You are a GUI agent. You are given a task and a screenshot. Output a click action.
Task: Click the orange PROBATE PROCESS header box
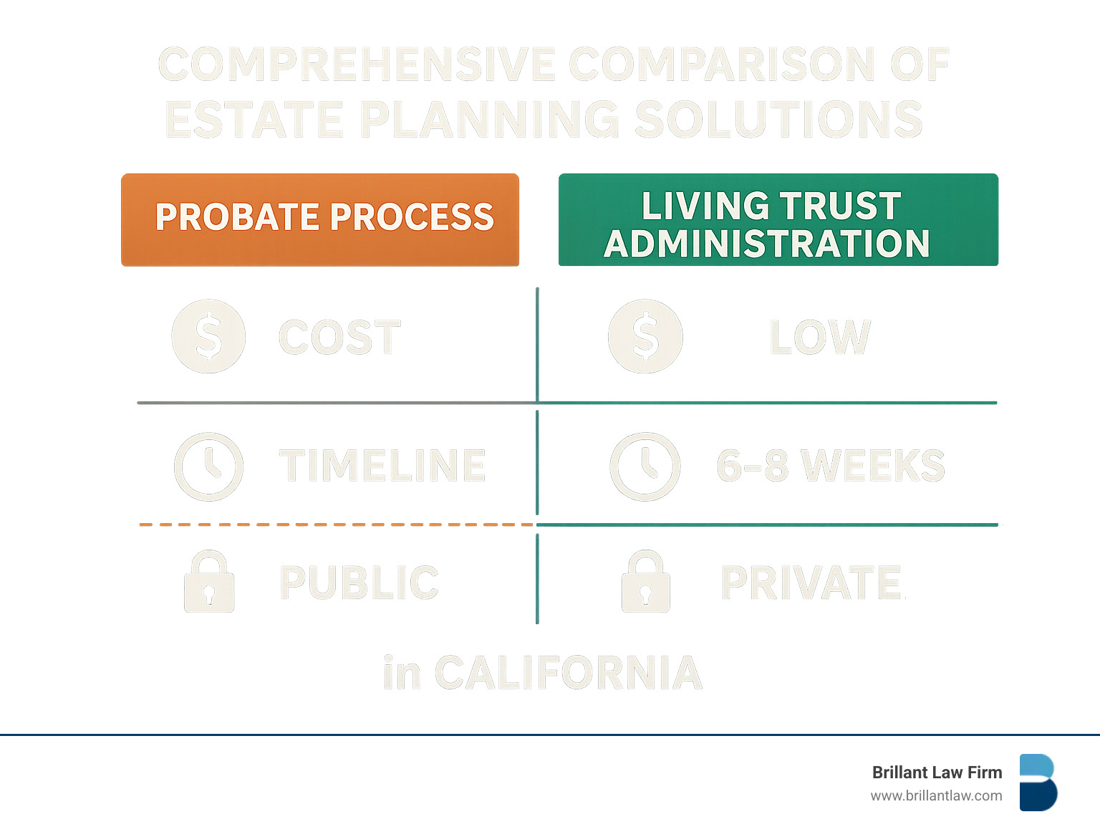(320, 219)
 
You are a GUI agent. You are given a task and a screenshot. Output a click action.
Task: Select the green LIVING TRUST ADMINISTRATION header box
(778, 220)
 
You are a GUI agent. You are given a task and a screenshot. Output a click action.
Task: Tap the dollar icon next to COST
(208, 336)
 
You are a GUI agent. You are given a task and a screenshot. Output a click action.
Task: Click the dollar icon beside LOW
(645, 336)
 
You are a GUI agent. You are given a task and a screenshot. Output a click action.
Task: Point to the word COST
(339, 338)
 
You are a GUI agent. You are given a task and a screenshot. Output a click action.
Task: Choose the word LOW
(820, 338)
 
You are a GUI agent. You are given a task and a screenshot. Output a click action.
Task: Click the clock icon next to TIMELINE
(208, 467)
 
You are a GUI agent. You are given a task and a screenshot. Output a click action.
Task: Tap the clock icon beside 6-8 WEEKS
(645, 467)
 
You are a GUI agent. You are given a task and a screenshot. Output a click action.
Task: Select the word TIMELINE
(382, 466)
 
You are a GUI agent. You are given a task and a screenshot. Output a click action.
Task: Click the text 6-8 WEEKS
(831, 466)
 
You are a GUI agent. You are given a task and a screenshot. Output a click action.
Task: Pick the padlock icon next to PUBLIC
(209, 582)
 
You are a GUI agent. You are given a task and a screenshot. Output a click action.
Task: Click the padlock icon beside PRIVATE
(645, 582)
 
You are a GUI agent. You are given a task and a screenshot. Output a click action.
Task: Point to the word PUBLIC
(359, 583)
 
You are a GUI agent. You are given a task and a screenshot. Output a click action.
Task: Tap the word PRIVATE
(811, 583)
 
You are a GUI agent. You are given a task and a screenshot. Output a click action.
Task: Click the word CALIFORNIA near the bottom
(568, 673)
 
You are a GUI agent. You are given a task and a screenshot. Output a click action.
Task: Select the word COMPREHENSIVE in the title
(357, 64)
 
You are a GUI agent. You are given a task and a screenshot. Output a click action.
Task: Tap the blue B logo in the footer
(1038, 783)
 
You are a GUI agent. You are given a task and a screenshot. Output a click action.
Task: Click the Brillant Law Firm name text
(937, 773)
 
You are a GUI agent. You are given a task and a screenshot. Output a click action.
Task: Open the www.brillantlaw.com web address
(936, 795)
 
